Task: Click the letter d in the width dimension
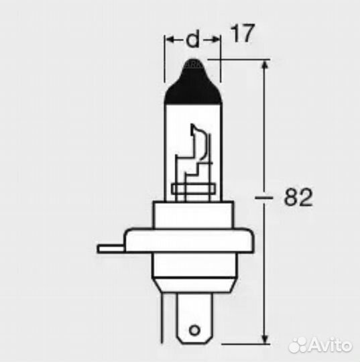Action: click(192, 41)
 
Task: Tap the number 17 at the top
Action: click(242, 34)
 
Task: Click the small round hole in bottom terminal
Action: click(194, 330)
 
